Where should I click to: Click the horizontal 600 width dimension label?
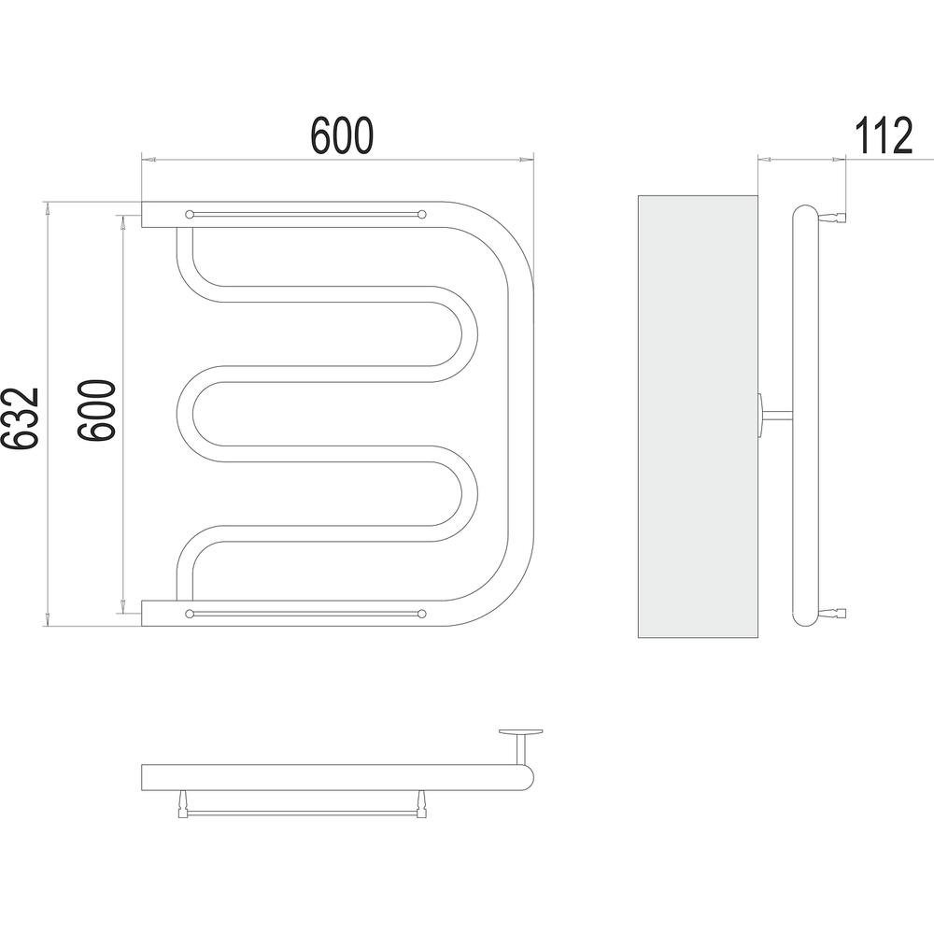click(342, 135)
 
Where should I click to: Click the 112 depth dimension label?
click(884, 135)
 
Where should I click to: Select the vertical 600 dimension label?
click(96, 410)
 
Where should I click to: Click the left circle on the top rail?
click(190, 214)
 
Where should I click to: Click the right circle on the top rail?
click(422, 214)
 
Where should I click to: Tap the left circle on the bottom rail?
click(190, 614)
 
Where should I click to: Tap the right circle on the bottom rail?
click(422, 614)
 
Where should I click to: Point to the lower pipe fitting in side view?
click(833, 613)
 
